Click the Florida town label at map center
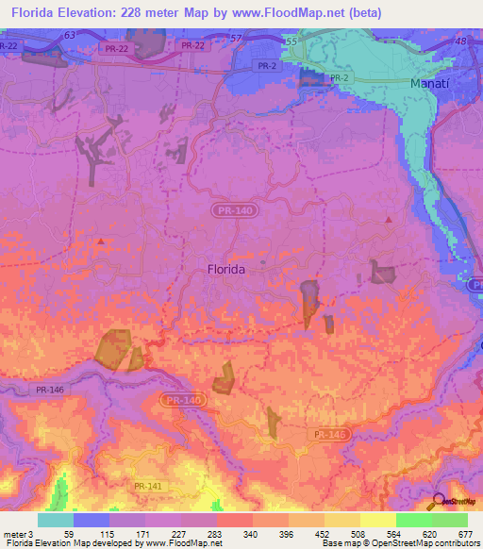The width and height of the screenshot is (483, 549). coord(225,269)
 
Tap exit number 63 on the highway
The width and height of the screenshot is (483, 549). coord(70,34)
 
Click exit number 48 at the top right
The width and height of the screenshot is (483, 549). coord(459,42)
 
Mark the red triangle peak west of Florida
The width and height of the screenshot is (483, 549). coord(100,241)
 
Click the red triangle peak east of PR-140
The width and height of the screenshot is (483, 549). coord(389,219)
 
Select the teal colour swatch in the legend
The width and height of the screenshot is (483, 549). coord(55,520)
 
